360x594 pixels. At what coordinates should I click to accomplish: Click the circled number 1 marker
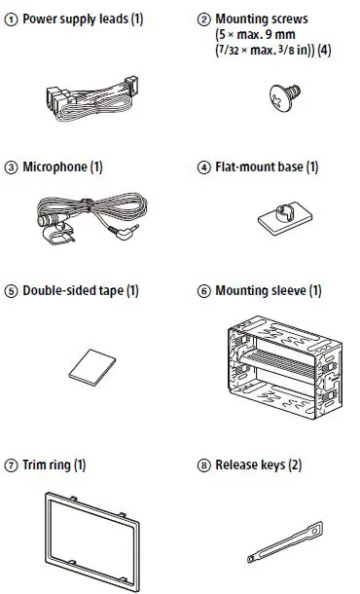pyautogui.click(x=11, y=19)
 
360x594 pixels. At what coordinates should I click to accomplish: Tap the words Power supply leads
pyautogui.click(x=67, y=19)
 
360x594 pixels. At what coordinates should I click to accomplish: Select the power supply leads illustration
pyautogui.click(x=89, y=93)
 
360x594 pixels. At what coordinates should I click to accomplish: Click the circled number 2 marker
pyautogui.click(x=203, y=19)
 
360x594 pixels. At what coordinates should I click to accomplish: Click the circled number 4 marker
pyautogui.click(x=203, y=167)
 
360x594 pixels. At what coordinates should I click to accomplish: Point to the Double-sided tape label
pyautogui.click(x=75, y=291)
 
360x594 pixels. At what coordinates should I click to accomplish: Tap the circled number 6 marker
pyautogui.click(x=203, y=291)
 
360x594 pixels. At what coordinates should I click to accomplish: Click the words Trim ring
pyautogui.click(x=46, y=465)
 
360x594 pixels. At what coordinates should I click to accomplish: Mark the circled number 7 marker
pyautogui.click(x=11, y=465)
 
